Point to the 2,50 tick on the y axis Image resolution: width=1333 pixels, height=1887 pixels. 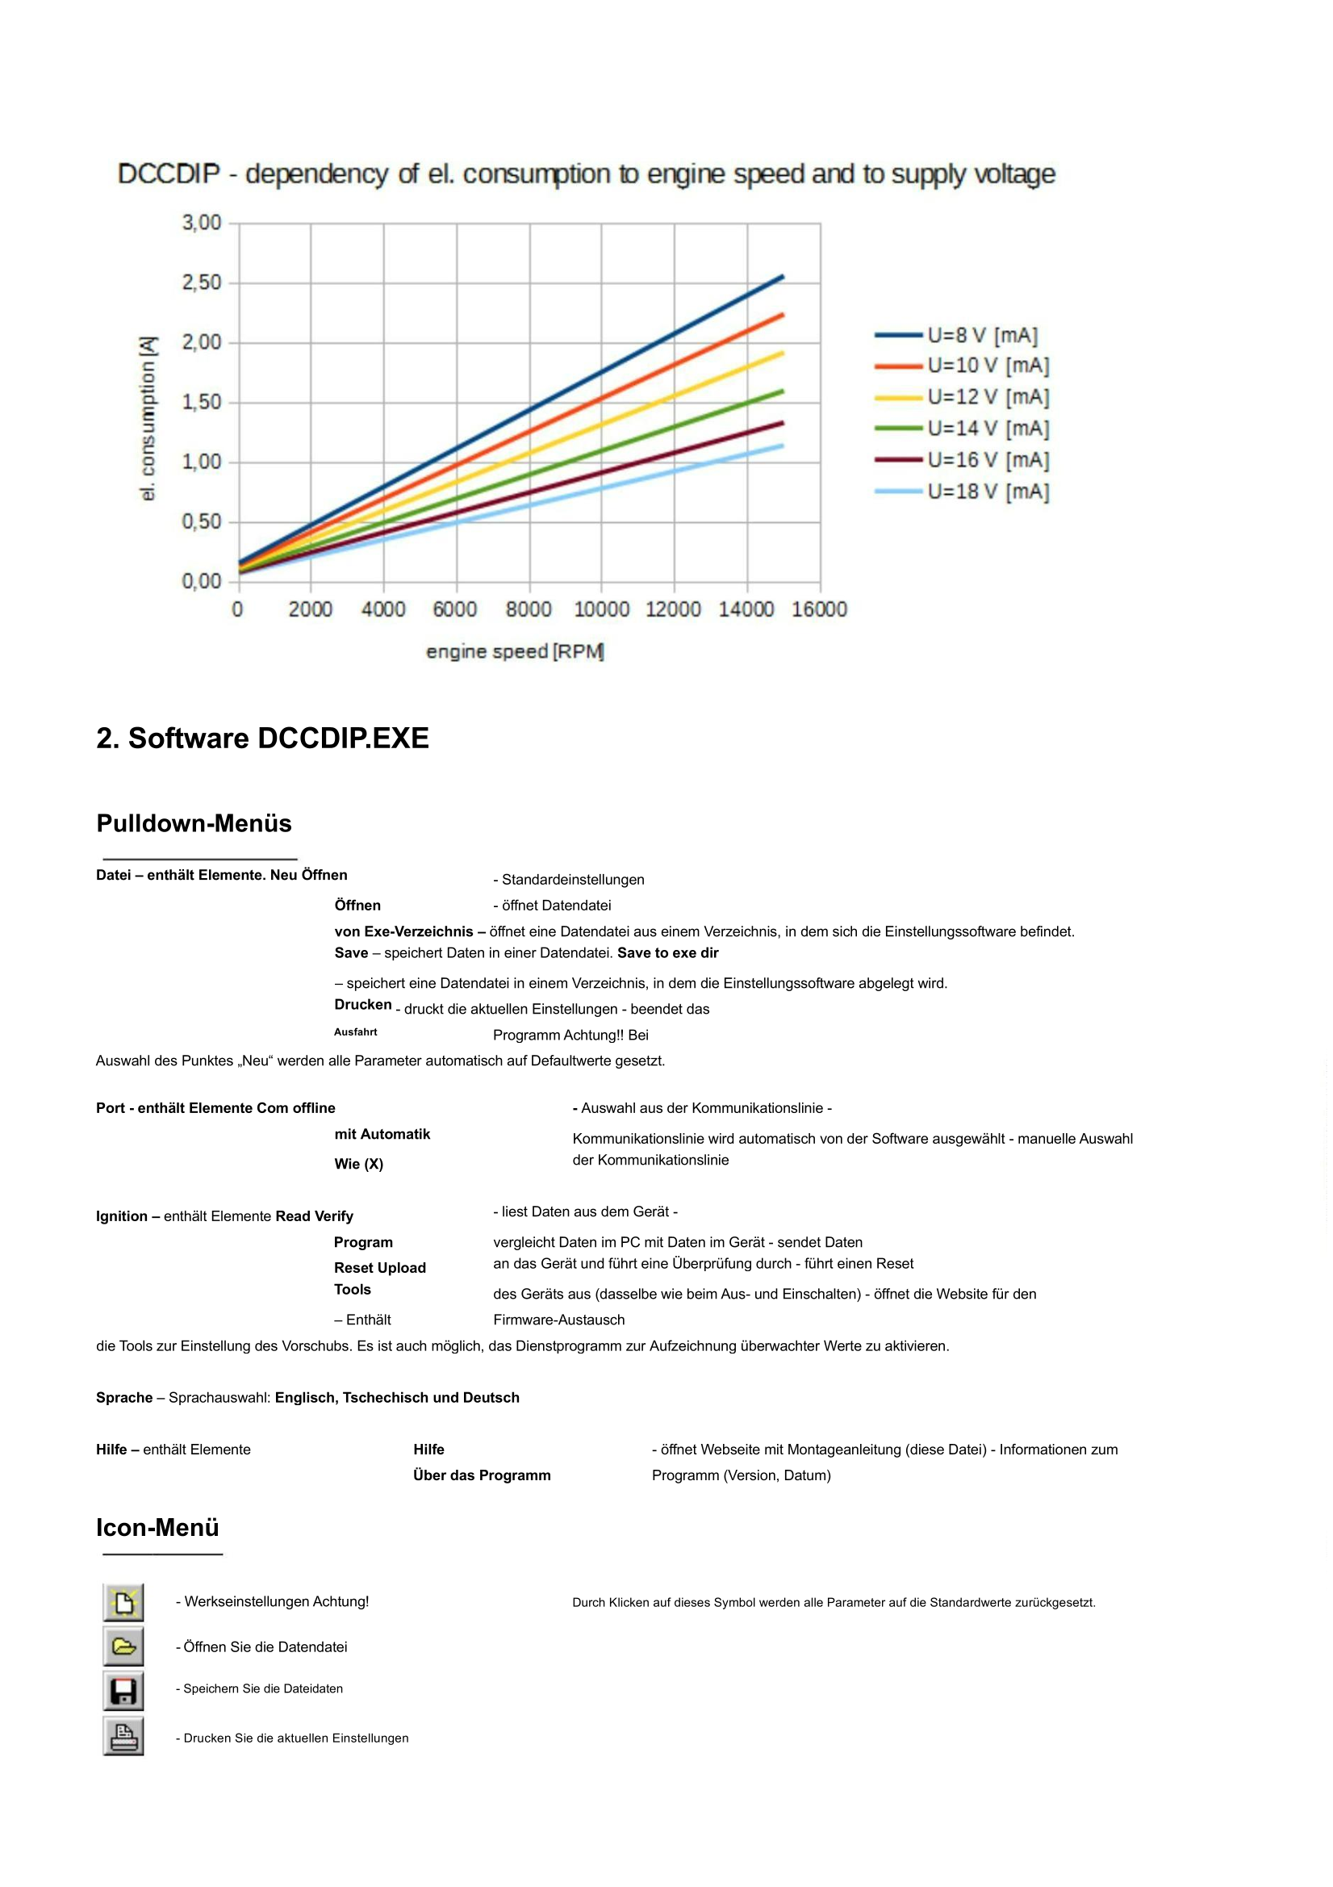click(x=202, y=282)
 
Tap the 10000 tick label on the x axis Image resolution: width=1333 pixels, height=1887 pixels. click(x=601, y=609)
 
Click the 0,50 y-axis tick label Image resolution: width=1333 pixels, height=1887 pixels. click(x=202, y=522)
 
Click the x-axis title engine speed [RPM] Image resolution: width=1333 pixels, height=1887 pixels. click(x=516, y=652)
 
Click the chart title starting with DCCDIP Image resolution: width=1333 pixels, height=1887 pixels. click(x=586, y=174)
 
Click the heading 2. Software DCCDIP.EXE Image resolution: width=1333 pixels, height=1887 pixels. click(x=262, y=738)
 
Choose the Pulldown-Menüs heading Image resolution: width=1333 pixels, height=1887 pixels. click(x=194, y=823)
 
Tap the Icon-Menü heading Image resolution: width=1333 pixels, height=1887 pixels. click(x=158, y=1527)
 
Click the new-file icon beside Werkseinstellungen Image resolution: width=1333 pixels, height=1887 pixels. click(x=123, y=1603)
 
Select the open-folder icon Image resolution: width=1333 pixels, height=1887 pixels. click(x=123, y=1647)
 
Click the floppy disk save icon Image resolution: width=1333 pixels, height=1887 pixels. click(x=123, y=1692)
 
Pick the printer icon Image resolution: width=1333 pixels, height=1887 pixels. click(x=123, y=1737)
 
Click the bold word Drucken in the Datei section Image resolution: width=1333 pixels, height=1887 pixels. click(x=362, y=1004)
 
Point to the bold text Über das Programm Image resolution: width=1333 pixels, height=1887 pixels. click(x=482, y=1475)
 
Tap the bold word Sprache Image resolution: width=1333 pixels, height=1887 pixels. click(x=124, y=1397)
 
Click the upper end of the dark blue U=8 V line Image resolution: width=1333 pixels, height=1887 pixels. click(x=782, y=278)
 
